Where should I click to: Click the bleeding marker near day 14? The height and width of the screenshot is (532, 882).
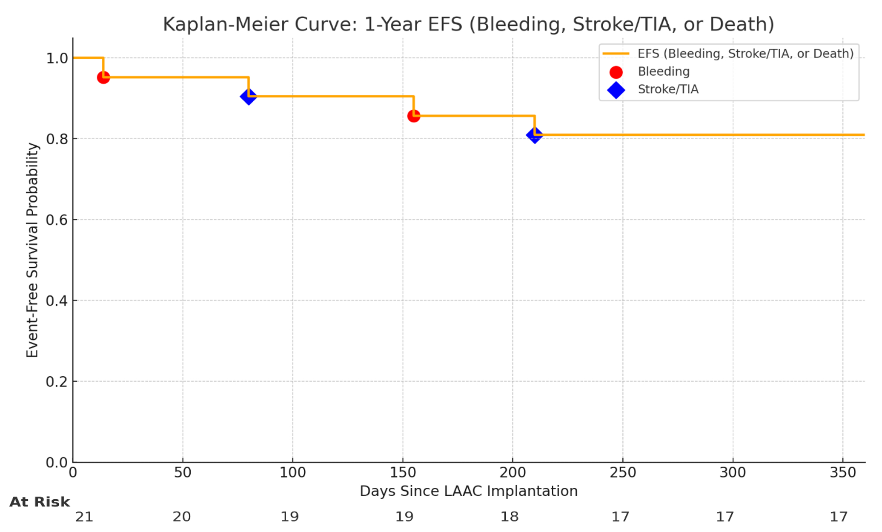(x=103, y=77)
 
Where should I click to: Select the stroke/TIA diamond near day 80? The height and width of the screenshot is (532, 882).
(x=248, y=97)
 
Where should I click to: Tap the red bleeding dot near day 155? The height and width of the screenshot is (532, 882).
(x=413, y=116)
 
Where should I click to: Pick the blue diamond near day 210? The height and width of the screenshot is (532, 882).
(x=534, y=135)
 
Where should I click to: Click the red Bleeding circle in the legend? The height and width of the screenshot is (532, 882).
(x=616, y=72)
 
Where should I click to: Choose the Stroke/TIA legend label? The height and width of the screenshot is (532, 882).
(x=668, y=89)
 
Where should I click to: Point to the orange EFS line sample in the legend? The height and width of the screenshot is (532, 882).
(x=616, y=54)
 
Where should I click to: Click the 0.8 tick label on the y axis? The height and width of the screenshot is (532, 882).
(x=57, y=139)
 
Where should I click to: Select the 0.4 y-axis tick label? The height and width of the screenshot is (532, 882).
(x=57, y=301)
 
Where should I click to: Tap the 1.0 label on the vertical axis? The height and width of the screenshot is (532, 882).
(x=57, y=58)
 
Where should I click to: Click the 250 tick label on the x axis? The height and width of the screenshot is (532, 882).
(x=622, y=473)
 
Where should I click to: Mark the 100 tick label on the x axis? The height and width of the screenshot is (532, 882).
(x=292, y=473)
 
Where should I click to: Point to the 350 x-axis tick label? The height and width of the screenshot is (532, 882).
(x=842, y=473)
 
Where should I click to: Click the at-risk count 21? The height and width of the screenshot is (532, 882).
(x=84, y=517)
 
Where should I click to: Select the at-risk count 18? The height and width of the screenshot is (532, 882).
(x=509, y=517)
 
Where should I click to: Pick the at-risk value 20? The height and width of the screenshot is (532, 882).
(x=181, y=517)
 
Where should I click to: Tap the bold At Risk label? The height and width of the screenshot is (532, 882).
(x=40, y=502)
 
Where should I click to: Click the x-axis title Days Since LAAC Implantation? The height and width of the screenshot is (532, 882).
(x=468, y=491)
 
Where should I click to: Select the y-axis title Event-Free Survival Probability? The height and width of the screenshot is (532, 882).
(x=32, y=250)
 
